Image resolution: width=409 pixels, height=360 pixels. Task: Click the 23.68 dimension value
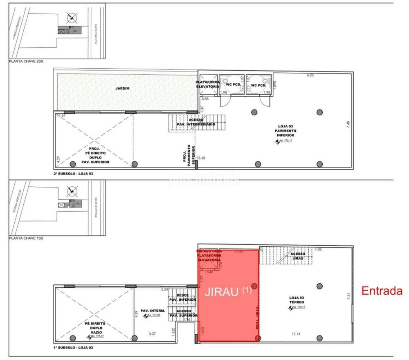point(201,158)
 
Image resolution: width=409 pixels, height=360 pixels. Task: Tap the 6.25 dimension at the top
point(310,75)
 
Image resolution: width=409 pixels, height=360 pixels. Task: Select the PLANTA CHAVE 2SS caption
point(26,61)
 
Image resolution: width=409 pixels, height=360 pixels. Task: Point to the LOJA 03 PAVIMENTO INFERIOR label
point(285,131)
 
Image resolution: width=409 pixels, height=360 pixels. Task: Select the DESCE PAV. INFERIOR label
point(182,297)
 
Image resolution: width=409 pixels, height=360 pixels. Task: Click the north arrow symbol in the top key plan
point(72,18)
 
